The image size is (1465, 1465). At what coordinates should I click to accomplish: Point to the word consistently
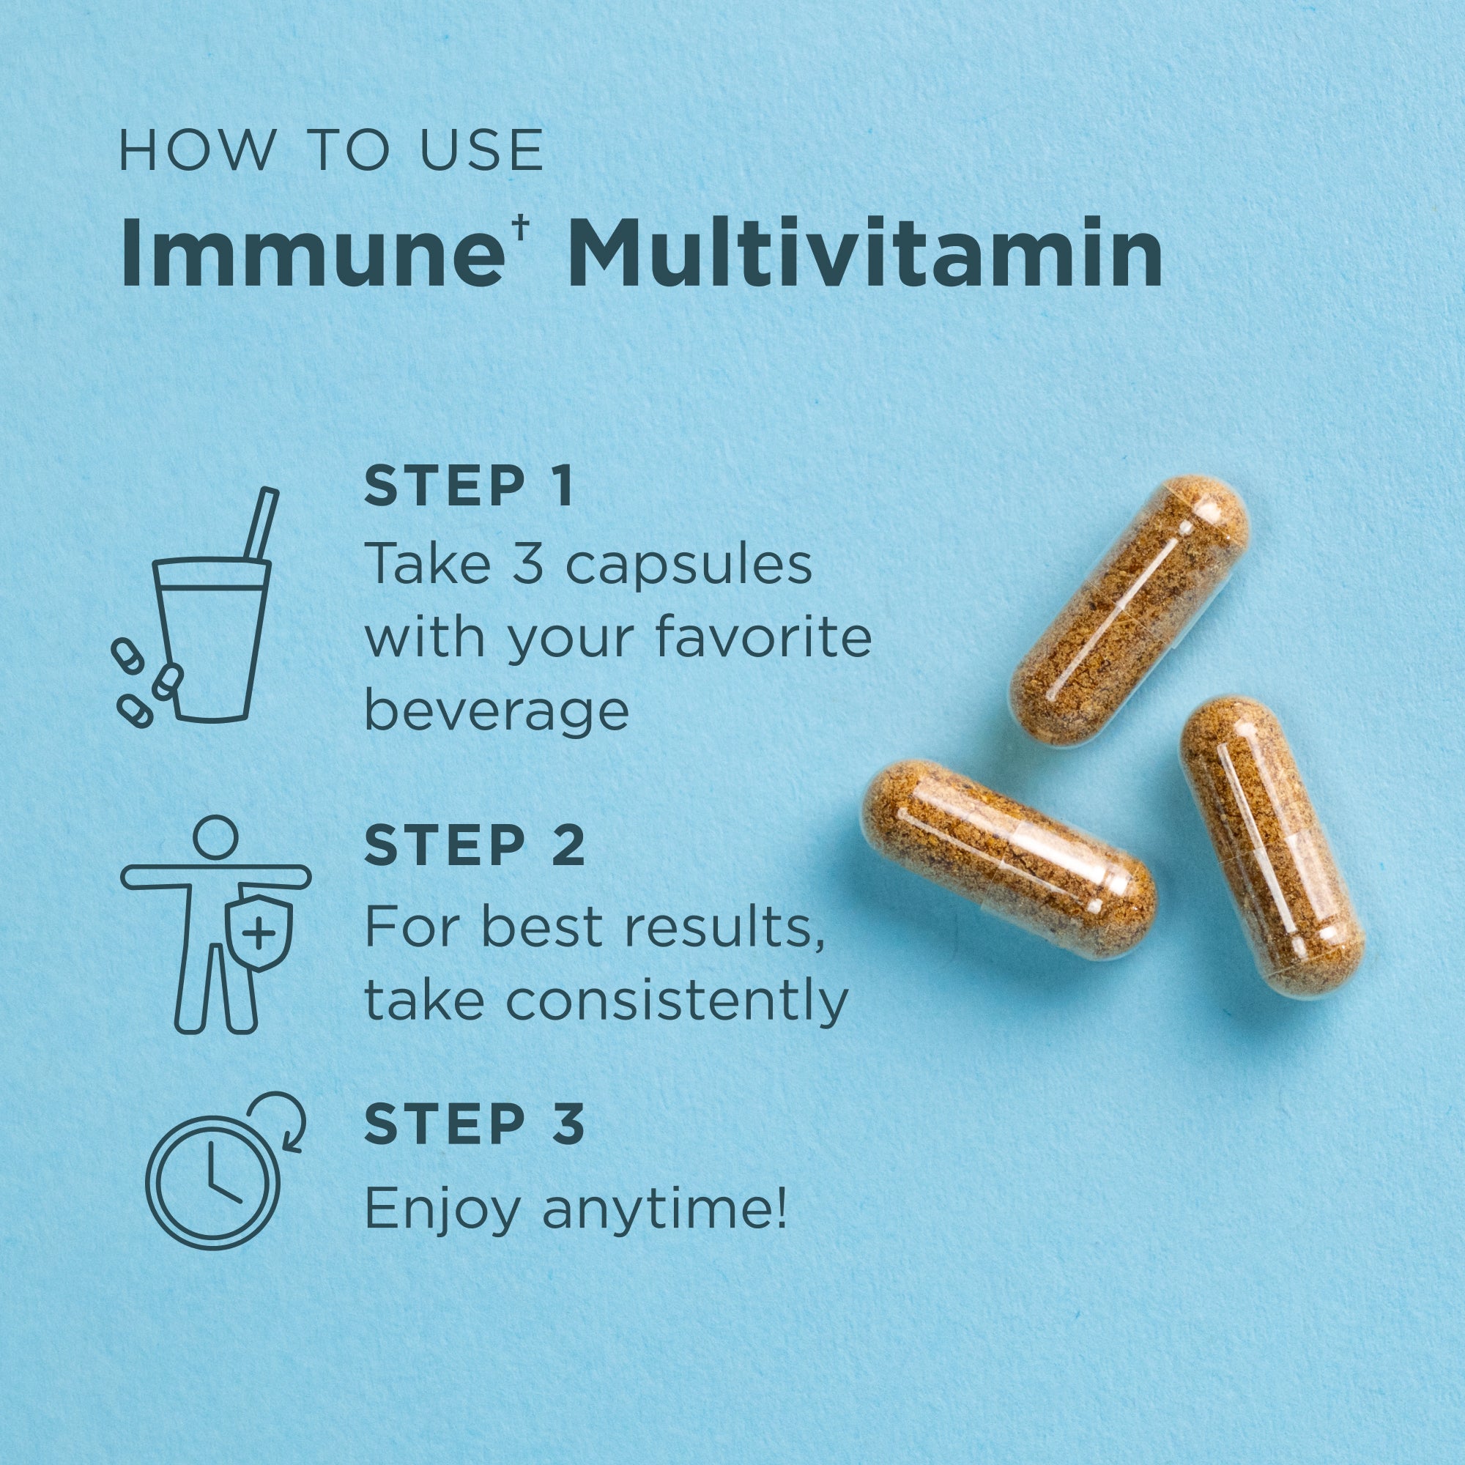click(x=675, y=1000)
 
